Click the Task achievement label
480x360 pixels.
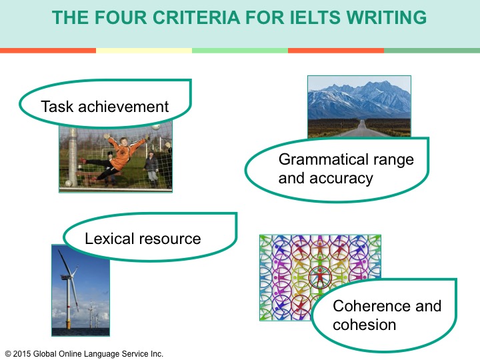105,107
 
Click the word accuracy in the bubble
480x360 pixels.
341,179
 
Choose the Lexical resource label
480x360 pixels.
143,239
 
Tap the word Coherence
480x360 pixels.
371,306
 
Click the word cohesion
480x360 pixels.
364,325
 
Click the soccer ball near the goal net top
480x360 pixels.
156,126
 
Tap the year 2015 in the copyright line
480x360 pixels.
22,353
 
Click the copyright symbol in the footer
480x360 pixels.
8,354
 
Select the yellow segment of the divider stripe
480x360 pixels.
144,51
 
